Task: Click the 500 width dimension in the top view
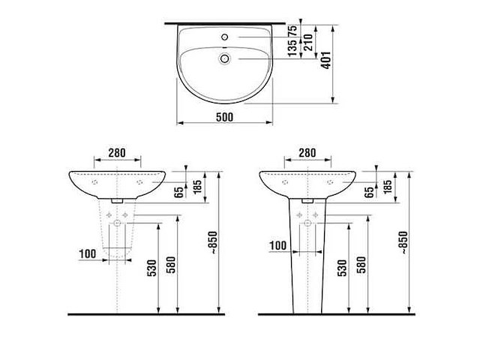tap(224, 116)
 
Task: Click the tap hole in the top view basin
tap(224, 36)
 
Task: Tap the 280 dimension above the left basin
tap(116, 153)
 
